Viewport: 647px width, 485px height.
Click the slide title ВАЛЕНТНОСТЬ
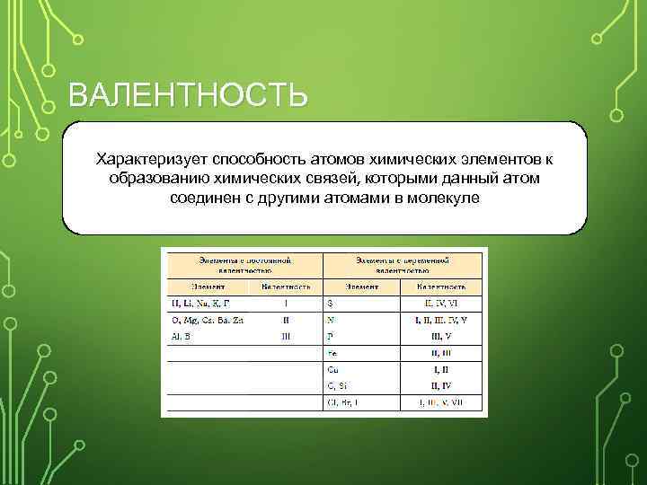pyautogui.click(x=188, y=94)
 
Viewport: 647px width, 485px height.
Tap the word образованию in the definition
pyautogui.click(x=156, y=178)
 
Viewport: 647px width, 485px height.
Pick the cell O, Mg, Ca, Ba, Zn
pyautogui.click(x=207, y=320)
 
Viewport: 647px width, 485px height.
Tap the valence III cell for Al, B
pyautogui.click(x=286, y=336)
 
